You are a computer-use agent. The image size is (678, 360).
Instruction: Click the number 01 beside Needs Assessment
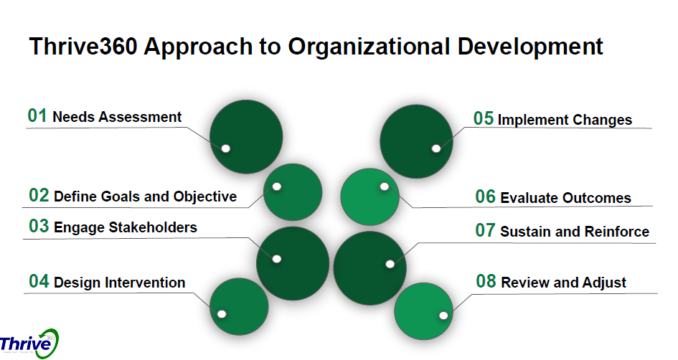[x=37, y=116]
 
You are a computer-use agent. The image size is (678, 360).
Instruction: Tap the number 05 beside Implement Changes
[x=483, y=119]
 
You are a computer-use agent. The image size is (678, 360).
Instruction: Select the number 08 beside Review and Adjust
[x=486, y=282]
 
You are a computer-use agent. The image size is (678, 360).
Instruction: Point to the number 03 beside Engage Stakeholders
[x=39, y=227]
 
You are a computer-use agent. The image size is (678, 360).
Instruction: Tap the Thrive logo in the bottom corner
[x=29, y=344]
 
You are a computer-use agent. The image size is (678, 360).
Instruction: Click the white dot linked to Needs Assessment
[x=225, y=148]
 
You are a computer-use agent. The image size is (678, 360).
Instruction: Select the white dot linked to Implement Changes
[x=435, y=148]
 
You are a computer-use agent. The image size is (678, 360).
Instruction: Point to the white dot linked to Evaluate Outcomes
[x=384, y=186]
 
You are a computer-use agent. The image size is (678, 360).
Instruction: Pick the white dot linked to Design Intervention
[x=221, y=313]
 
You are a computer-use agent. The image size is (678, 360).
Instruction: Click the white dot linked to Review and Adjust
[x=443, y=315]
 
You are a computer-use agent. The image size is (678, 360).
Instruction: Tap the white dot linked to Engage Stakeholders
[x=277, y=258]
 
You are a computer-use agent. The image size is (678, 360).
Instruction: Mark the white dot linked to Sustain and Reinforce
[x=390, y=263]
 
